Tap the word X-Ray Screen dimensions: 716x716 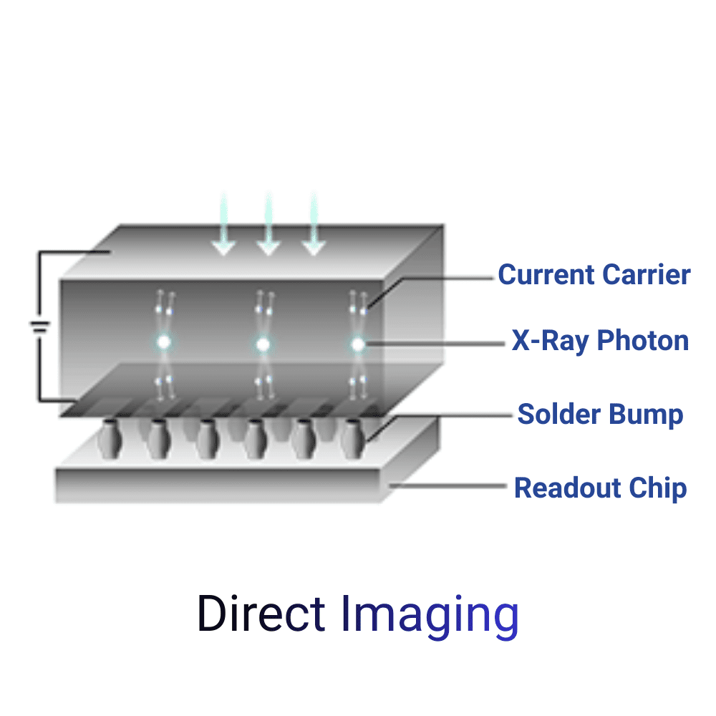point(550,341)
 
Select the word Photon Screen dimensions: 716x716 point(643,341)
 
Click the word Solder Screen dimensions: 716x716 point(559,414)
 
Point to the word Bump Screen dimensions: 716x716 point(646,415)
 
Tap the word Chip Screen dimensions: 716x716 point(657,488)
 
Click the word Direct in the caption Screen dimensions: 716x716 point(261,614)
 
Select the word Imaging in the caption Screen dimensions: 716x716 point(430,616)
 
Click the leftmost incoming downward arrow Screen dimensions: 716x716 point(223,223)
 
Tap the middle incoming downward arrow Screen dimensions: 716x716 point(268,223)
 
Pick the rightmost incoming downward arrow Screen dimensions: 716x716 point(314,223)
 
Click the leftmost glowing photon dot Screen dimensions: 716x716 point(163,342)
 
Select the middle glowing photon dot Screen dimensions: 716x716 point(263,344)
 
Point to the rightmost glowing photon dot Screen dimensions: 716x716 point(358,344)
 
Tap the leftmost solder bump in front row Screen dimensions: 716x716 point(110,439)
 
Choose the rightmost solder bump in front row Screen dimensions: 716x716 point(353,439)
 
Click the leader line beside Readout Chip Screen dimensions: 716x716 point(447,486)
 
